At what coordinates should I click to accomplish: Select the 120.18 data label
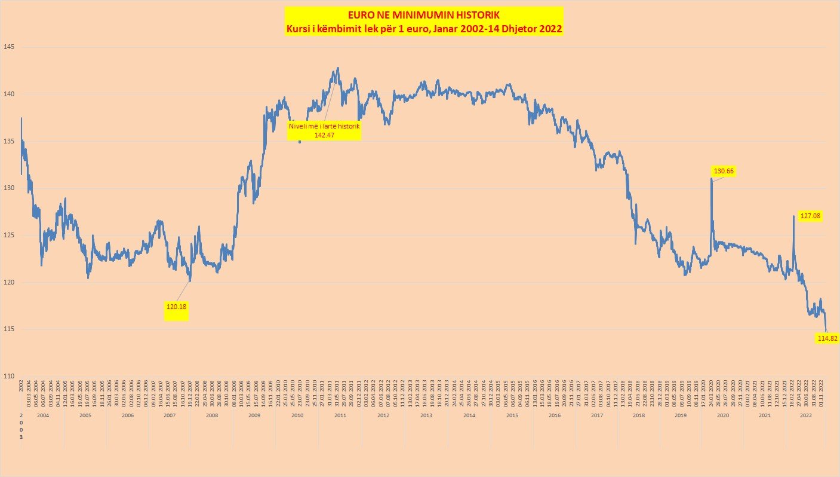coord(176,307)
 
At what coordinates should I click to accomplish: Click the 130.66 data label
coord(724,172)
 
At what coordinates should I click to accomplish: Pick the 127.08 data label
coord(810,216)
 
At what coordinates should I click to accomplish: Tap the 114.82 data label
coord(827,338)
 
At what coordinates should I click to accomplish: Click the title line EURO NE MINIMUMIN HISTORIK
coord(424,14)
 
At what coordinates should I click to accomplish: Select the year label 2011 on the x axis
coord(340,415)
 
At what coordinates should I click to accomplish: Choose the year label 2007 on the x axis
coord(169,415)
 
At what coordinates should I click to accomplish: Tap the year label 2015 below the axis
coord(512,415)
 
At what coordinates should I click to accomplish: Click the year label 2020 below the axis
coord(722,415)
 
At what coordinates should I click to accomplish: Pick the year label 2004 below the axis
coord(43,415)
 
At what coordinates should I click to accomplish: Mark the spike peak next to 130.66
coord(711,179)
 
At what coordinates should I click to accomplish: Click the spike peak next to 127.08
coord(793,216)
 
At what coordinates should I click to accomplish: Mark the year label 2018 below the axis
coord(639,415)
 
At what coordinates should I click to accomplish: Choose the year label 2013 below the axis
coord(426,415)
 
